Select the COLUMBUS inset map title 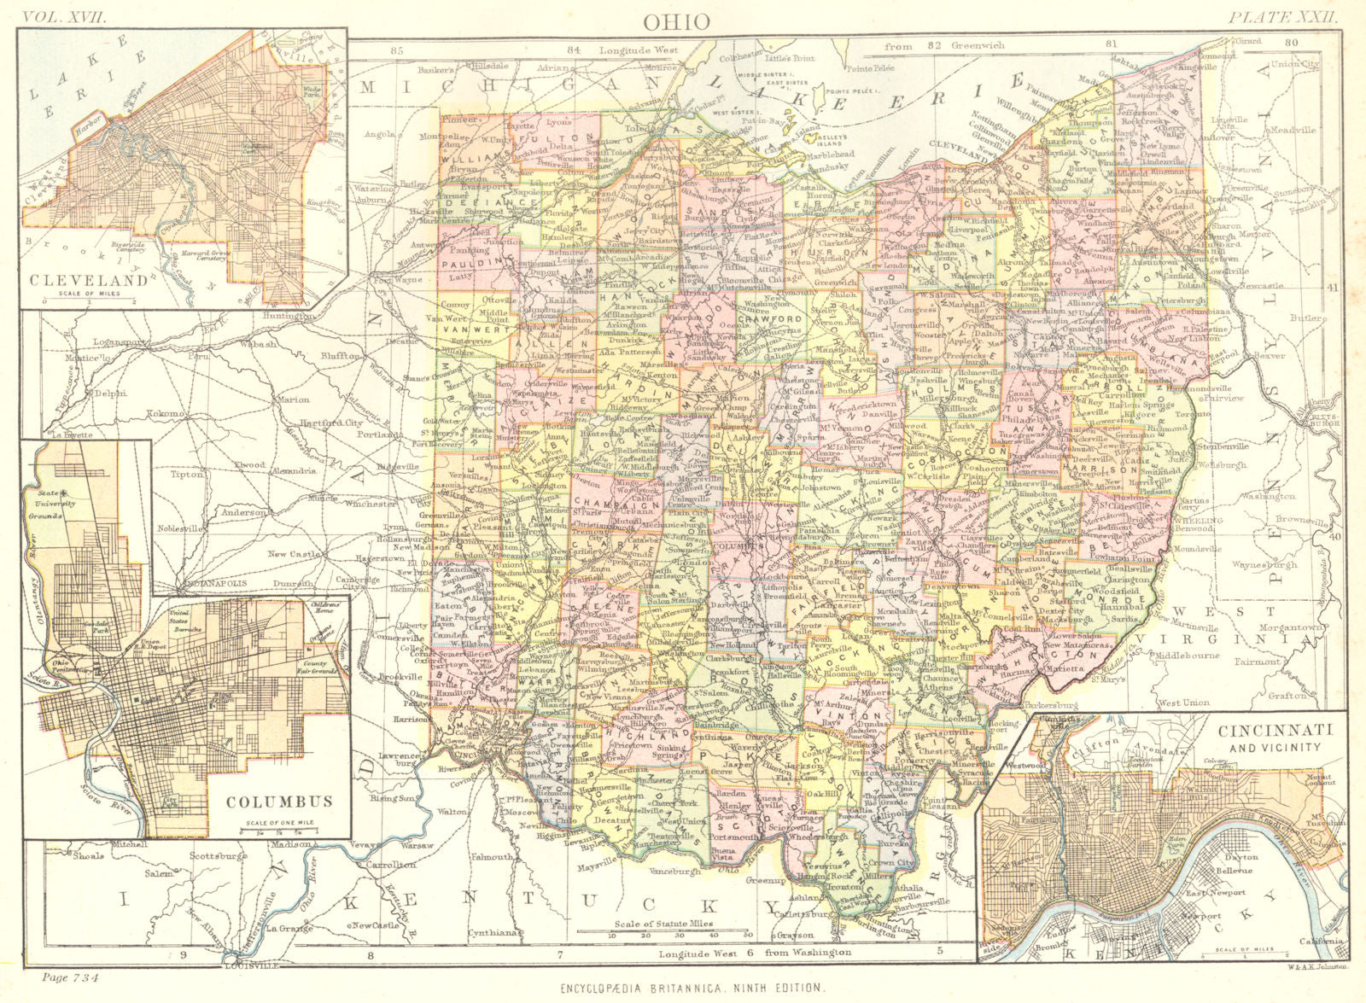point(279,801)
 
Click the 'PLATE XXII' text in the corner point(1284,15)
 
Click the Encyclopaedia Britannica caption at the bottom point(692,988)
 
